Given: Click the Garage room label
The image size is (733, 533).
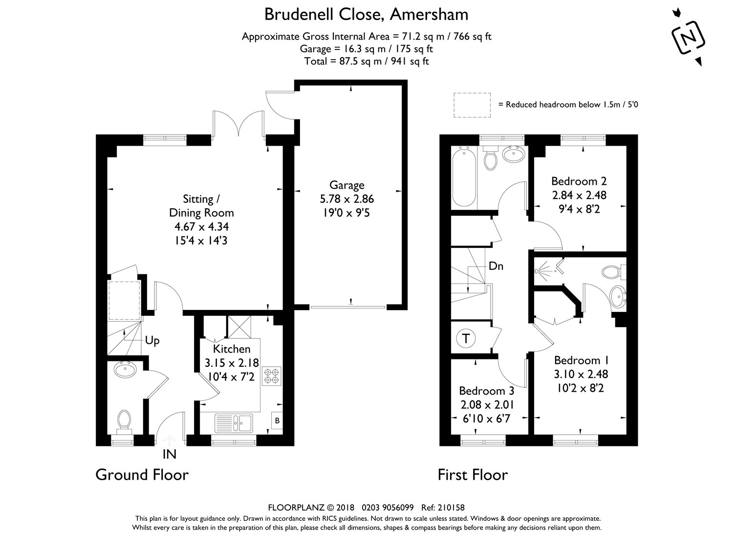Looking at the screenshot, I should tap(346, 185).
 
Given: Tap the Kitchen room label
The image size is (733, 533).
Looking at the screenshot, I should tap(232, 349).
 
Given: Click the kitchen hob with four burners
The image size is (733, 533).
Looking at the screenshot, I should tap(271, 376).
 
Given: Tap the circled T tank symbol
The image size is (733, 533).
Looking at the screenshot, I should tap(466, 339).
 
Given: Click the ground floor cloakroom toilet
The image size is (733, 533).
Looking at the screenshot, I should tap(124, 420).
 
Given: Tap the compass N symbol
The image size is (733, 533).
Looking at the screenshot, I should tap(688, 37).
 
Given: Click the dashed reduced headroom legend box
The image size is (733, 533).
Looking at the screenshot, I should tap(472, 105).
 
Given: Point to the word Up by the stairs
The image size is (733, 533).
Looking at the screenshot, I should tap(152, 340).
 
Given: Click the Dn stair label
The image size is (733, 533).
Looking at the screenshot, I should tap(496, 266).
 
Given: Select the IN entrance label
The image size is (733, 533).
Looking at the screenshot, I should tap(169, 454).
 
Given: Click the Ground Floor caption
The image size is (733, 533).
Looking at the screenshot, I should tap(142, 474).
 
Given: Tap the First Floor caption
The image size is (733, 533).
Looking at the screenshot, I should tap(472, 474).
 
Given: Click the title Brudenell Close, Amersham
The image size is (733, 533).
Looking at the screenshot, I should tap(366, 14).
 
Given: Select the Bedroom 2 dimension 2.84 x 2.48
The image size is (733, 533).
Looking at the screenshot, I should tap(579, 195).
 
